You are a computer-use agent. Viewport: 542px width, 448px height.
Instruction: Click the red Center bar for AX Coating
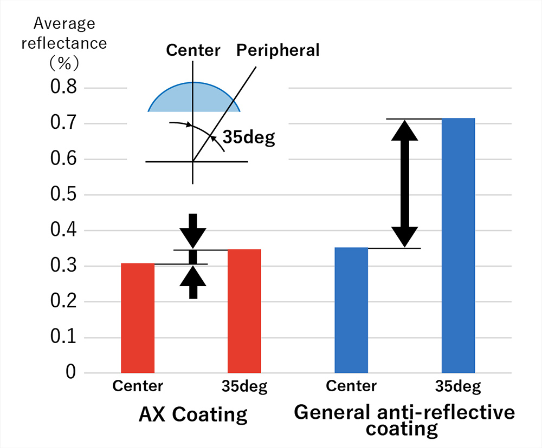coord(138,318)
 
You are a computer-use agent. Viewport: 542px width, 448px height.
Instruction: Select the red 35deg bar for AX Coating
coord(244,311)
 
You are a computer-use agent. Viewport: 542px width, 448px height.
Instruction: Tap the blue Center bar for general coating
coord(351,310)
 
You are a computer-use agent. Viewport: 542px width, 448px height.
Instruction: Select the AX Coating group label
coord(193,415)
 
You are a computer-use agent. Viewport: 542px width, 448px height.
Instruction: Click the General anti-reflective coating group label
coord(404,420)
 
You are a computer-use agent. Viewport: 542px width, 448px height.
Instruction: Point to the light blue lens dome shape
coord(194,99)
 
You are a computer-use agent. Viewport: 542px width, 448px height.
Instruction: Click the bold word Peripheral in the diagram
coord(278,50)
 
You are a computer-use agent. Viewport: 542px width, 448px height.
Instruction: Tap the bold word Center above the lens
coord(193,50)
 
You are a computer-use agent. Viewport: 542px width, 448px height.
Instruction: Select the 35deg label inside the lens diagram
coord(249,138)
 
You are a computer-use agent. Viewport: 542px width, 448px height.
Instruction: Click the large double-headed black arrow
coord(406,183)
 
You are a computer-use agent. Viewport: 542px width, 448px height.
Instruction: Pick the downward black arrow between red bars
coord(193,230)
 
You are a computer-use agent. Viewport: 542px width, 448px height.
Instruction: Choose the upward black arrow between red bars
coord(193,282)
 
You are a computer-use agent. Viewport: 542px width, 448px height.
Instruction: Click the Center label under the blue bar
coord(351,386)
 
